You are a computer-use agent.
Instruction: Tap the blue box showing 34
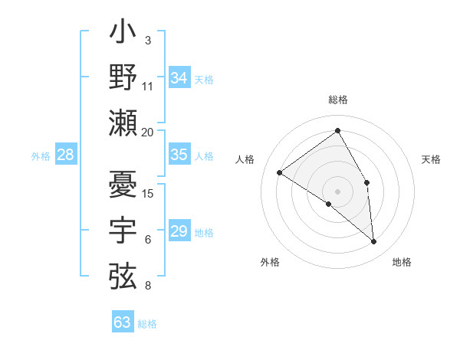click(179, 78)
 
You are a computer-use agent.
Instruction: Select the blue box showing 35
click(179, 155)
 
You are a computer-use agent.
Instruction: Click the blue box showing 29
click(179, 231)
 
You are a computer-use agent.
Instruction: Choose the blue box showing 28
click(65, 155)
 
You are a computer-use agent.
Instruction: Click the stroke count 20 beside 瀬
click(148, 132)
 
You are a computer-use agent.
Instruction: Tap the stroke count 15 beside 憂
click(148, 193)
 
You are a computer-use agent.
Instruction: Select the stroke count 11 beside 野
click(148, 86)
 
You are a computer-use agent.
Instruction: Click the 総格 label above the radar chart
click(337, 100)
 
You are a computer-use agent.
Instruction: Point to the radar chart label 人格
click(245, 159)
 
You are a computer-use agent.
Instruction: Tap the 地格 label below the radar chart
click(402, 262)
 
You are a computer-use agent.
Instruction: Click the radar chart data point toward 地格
click(374, 241)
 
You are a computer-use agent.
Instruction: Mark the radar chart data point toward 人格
click(280, 172)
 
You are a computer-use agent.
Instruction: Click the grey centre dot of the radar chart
click(337, 191)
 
